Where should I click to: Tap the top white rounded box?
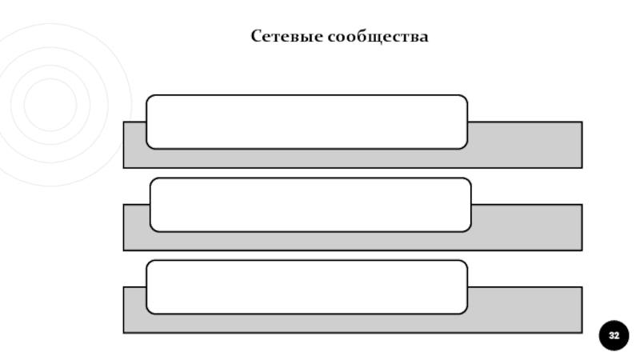306,122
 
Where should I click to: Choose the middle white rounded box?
310,205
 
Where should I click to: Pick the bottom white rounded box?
306,286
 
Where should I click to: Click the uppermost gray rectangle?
524,146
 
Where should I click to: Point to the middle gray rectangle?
524,228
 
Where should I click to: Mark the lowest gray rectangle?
524,310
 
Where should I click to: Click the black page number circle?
614,335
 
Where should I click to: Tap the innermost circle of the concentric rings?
50,104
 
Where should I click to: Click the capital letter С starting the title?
256,37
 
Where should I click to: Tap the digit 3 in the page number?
611,335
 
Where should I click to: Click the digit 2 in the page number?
617,335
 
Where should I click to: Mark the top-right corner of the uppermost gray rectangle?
581,122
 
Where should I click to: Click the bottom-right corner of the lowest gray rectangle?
581,332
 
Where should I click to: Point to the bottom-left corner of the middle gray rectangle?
124,250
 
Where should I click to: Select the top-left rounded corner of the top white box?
150,98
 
